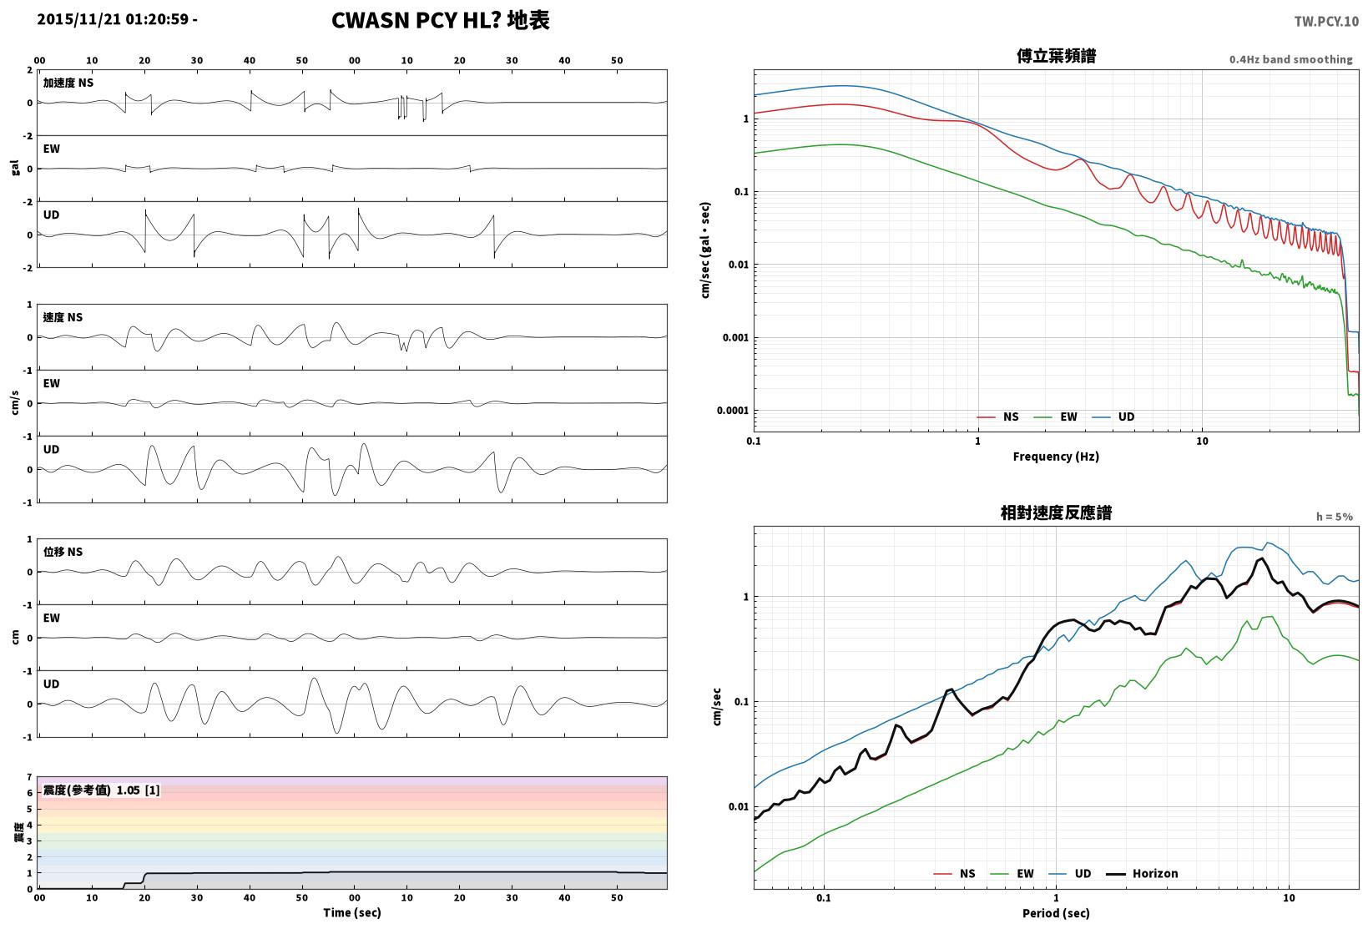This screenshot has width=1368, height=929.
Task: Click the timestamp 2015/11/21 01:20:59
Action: tap(113, 19)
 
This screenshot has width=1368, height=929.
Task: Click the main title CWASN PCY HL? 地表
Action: tap(441, 20)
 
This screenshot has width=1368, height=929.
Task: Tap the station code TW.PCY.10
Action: tap(1326, 22)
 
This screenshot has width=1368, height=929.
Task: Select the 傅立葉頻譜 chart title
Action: tap(1056, 56)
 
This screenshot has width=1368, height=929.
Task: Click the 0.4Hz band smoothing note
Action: tap(1291, 59)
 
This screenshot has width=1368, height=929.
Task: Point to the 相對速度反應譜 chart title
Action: tap(1056, 512)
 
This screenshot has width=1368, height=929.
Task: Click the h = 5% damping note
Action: tap(1335, 517)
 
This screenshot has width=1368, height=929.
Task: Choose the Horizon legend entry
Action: tap(1143, 873)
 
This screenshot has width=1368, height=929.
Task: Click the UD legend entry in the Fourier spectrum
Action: tap(1113, 417)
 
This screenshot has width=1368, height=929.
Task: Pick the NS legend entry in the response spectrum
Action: tap(955, 873)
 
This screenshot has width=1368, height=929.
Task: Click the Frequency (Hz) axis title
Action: tap(1056, 457)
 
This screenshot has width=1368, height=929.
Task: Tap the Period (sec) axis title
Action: tap(1056, 913)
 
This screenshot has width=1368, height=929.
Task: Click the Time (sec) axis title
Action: tap(352, 912)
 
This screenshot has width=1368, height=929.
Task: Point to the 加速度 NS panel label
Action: tap(68, 83)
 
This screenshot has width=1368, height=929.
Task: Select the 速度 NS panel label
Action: tap(63, 317)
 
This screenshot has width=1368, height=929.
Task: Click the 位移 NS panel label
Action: tap(63, 552)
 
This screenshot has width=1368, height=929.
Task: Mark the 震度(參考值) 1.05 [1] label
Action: tap(101, 790)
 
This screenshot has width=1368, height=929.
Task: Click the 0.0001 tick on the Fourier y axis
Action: tap(732, 411)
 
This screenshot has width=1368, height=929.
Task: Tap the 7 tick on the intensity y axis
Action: tap(29, 778)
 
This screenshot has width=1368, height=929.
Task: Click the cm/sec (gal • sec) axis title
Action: tap(705, 250)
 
